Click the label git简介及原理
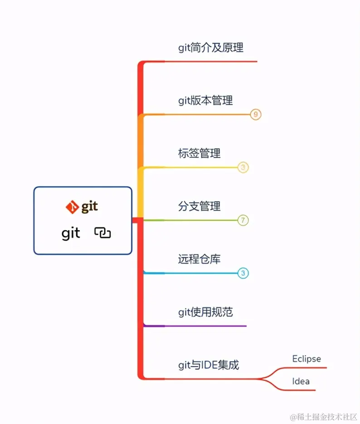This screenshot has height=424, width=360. (x=211, y=48)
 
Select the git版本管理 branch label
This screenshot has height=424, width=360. (x=205, y=100)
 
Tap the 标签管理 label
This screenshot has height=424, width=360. (x=199, y=153)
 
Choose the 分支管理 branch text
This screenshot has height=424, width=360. (x=199, y=206)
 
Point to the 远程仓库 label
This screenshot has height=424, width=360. (x=199, y=259)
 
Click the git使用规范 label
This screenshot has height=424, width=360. (x=205, y=312)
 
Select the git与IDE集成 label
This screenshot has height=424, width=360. (x=208, y=365)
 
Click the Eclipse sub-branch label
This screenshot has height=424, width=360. (x=306, y=359)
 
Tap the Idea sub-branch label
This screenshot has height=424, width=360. (x=301, y=381)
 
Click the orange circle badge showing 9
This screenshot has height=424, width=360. (x=256, y=115)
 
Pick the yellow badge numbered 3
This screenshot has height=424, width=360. (x=243, y=168)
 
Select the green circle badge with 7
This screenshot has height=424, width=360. (x=243, y=221)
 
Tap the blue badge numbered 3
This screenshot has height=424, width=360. (x=243, y=273)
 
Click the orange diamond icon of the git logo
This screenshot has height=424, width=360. (x=72, y=207)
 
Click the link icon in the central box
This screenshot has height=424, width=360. (x=102, y=233)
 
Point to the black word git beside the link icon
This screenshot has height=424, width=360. (x=71, y=233)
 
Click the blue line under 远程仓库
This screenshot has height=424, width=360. (x=190, y=273)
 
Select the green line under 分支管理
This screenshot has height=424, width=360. (x=190, y=221)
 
